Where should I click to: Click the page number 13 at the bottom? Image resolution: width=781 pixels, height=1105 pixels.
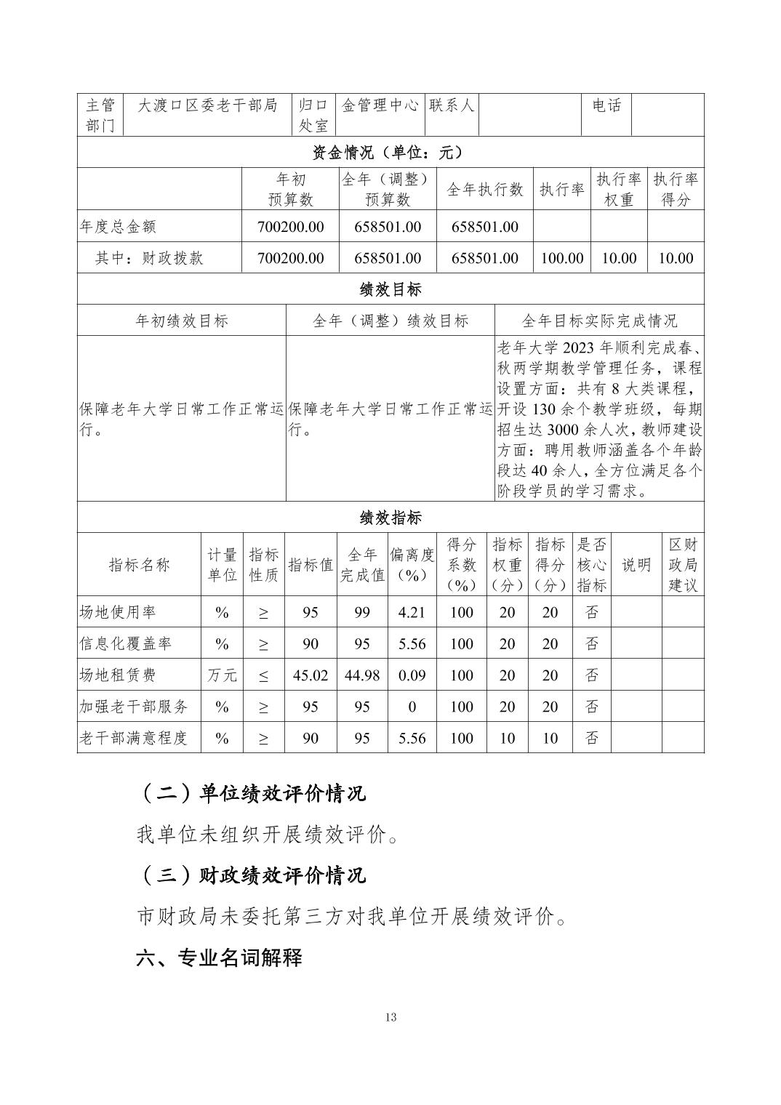(x=391, y=1016)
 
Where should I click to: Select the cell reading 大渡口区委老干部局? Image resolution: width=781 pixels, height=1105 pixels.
(x=208, y=105)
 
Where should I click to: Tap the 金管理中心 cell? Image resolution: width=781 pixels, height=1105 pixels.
(x=380, y=105)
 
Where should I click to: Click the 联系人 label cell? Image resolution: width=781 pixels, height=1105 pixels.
(x=452, y=105)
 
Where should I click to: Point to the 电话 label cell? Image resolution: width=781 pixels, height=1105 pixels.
(x=606, y=105)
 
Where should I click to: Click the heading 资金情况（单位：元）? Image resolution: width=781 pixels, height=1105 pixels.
(x=390, y=153)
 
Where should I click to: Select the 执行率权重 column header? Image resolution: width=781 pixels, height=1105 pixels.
(x=618, y=189)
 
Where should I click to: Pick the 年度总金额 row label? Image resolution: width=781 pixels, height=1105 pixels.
(x=118, y=227)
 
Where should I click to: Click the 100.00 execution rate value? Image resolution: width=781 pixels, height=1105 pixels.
(x=562, y=258)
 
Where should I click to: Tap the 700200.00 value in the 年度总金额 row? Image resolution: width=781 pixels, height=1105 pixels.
(x=290, y=227)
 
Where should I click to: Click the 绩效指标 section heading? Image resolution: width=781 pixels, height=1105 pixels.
(x=390, y=518)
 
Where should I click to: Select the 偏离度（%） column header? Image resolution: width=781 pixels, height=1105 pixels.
(x=412, y=565)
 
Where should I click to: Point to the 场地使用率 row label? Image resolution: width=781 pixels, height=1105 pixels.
(x=118, y=612)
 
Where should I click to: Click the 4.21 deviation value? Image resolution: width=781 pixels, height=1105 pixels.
(x=412, y=612)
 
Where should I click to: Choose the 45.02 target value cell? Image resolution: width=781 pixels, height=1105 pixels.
(x=311, y=675)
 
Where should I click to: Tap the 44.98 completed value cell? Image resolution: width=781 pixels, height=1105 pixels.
(x=362, y=675)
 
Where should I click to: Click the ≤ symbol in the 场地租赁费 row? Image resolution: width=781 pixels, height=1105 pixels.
(x=263, y=675)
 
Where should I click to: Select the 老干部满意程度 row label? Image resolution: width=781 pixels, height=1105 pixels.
(x=133, y=738)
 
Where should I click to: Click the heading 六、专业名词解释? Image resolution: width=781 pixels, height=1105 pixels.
(x=219, y=957)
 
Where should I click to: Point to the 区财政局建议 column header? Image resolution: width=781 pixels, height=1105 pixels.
(x=683, y=565)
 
